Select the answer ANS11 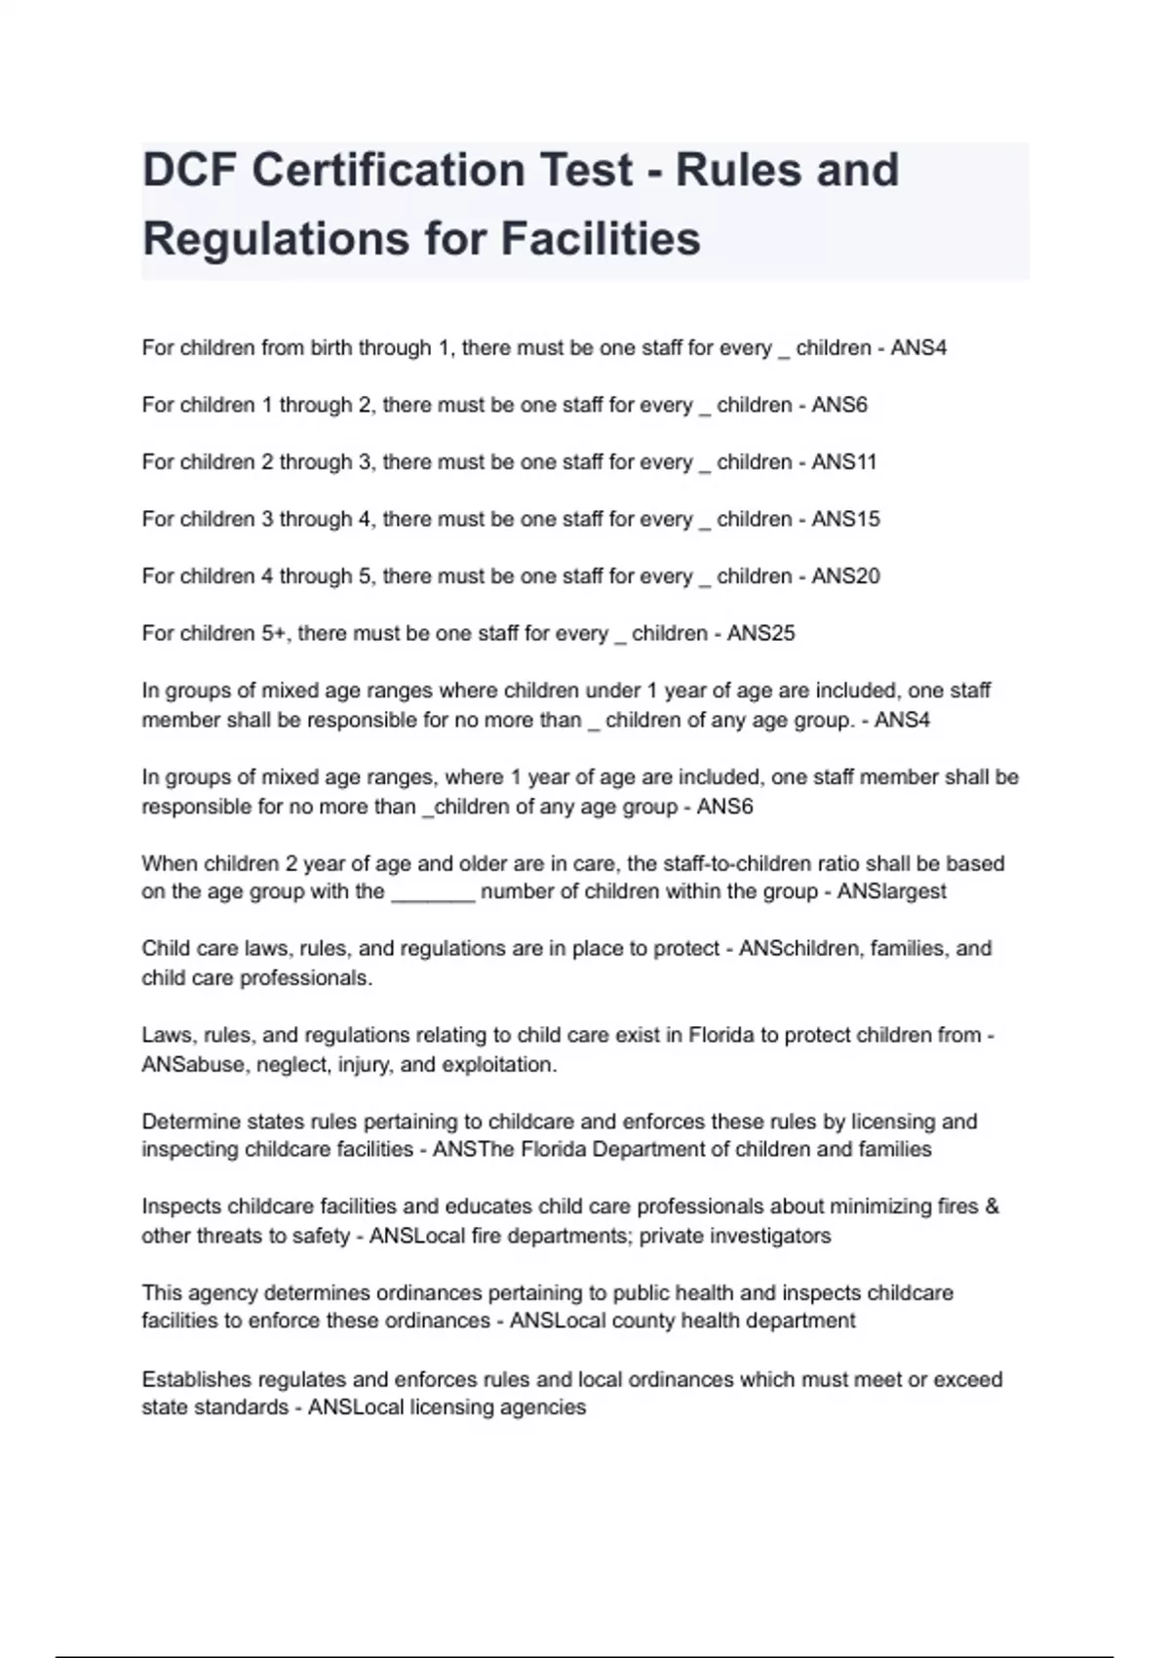point(844,462)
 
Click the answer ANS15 point(845,519)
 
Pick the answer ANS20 point(845,576)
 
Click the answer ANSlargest point(891,891)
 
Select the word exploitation point(498,1065)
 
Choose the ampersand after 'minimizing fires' point(993,1206)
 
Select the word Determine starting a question point(188,1122)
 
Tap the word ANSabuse point(193,1065)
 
